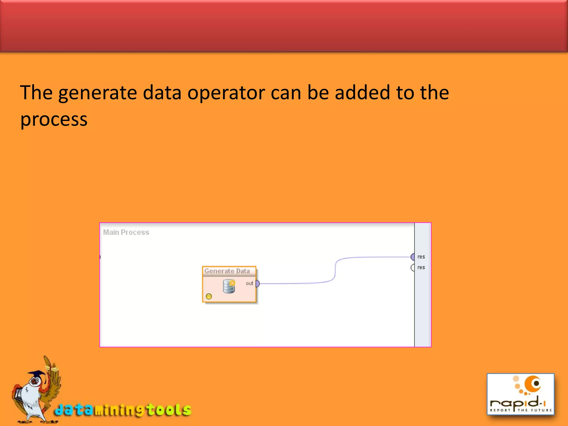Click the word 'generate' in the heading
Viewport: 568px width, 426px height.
click(97, 93)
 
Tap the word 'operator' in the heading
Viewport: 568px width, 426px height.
click(226, 93)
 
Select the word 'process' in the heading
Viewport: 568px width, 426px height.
click(54, 120)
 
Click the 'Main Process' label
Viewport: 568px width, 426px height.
click(126, 232)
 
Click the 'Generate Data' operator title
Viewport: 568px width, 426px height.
click(227, 271)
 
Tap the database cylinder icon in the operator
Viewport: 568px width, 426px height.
click(229, 286)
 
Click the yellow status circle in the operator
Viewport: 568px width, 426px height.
click(209, 296)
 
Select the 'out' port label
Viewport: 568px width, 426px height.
click(249, 283)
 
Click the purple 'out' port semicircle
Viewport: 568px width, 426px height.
click(257, 283)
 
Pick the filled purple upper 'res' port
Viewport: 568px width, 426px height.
click(413, 257)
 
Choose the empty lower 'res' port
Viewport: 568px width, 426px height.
click(413, 268)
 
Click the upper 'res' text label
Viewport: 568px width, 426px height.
click(421, 257)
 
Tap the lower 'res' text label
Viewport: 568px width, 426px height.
click(421, 268)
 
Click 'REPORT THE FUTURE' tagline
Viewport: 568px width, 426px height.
click(521, 410)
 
